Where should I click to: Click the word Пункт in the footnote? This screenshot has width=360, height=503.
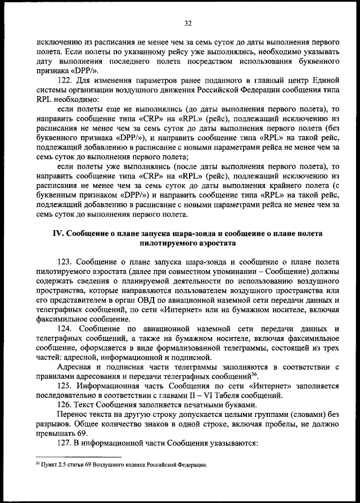tap(48, 465)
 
